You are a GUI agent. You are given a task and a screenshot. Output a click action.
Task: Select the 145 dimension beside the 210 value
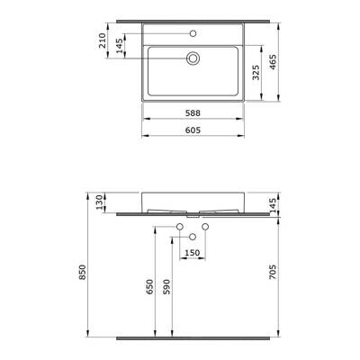click(x=119, y=47)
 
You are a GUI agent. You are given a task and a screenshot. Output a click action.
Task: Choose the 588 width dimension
click(x=193, y=114)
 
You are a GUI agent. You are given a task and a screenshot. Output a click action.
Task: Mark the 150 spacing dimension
click(x=193, y=253)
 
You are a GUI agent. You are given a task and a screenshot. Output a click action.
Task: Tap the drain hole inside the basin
click(x=193, y=59)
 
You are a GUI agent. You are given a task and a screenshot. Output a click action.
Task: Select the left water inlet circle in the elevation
click(x=180, y=226)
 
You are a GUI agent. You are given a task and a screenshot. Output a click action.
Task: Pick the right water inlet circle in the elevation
click(x=205, y=226)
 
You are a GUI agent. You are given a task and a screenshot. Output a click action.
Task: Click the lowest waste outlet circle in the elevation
click(x=193, y=237)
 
